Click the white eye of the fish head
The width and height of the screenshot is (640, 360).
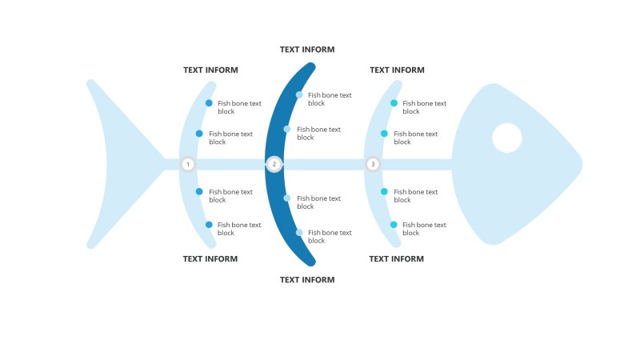click(x=507, y=138)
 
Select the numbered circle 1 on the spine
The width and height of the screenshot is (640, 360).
click(x=188, y=164)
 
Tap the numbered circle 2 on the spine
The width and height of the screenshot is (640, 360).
click(x=274, y=164)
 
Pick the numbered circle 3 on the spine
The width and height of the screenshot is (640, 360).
click(x=372, y=164)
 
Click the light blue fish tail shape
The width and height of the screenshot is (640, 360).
click(x=120, y=164)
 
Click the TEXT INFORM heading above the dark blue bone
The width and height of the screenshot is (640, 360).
click(x=307, y=50)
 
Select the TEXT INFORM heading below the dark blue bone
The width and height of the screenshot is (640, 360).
click(x=307, y=280)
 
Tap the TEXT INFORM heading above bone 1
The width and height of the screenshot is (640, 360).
click(x=210, y=70)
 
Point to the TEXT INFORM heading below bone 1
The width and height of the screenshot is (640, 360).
click(x=210, y=259)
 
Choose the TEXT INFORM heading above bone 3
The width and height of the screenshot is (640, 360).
click(x=397, y=70)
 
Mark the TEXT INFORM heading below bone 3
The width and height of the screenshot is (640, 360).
click(x=397, y=259)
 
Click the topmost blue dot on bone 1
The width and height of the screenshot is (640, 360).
click(x=209, y=103)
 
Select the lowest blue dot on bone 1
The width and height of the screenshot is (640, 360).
click(x=209, y=225)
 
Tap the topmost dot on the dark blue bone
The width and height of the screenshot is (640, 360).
click(x=299, y=95)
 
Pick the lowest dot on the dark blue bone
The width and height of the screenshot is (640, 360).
click(x=299, y=233)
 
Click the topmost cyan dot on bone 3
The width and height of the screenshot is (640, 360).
click(x=394, y=103)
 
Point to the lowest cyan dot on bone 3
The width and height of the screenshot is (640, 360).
click(x=394, y=225)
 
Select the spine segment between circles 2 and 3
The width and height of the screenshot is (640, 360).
click(x=323, y=164)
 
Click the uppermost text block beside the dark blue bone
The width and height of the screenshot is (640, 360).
click(x=329, y=99)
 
